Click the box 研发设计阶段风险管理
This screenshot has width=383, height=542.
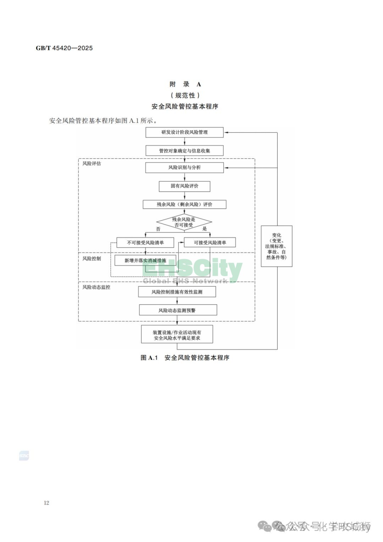[184, 132]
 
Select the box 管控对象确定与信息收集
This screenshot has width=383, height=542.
[184, 150]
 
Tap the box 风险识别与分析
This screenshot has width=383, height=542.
[184, 168]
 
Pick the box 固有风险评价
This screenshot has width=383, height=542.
[184, 186]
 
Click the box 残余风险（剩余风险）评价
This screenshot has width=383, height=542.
[184, 204]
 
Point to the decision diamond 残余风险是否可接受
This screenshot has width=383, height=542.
[184, 222]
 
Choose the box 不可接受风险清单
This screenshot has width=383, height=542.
[145, 243]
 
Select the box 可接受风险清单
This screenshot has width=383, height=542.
[210, 243]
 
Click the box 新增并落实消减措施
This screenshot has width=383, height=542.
[145, 261]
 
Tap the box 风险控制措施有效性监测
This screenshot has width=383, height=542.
[177, 292]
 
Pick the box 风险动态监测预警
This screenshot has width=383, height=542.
[178, 310]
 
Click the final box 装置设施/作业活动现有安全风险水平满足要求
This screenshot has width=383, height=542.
[177, 335]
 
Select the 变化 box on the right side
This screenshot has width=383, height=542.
[277, 246]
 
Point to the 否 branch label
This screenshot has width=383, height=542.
[158, 229]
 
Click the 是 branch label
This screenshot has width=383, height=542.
[205, 229]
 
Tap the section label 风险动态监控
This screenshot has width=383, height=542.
[96, 287]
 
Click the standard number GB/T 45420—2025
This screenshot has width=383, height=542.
[64, 48]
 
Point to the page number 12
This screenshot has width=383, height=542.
[46, 503]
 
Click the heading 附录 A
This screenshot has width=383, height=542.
[185, 84]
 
